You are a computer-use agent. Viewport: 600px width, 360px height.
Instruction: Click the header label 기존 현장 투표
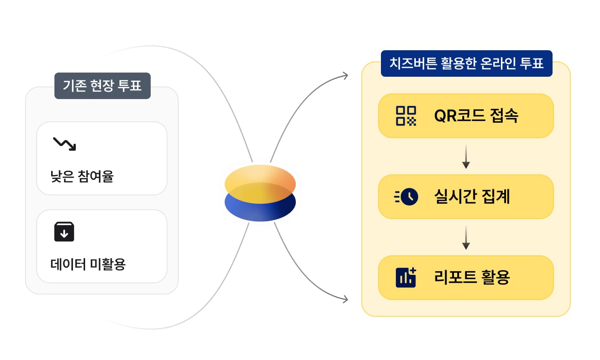(x=102, y=86)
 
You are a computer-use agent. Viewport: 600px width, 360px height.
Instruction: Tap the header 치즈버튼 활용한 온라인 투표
(x=466, y=63)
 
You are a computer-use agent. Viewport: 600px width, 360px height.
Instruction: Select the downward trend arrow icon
(x=64, y=144)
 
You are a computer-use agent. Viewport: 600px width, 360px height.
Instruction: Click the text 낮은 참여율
(x=82, y=177)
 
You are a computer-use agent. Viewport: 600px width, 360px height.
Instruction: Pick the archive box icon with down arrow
(x=64, y=232)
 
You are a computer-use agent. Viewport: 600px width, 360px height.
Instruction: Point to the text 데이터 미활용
(x=88, y=264)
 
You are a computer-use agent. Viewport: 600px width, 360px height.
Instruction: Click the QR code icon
(x=406, y=116)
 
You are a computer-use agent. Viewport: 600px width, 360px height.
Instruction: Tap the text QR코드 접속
(x=476, y=116)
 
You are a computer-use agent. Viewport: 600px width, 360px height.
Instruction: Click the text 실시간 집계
(x=472, y=197)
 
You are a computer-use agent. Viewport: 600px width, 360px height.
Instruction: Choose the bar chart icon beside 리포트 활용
(x=406, y=277)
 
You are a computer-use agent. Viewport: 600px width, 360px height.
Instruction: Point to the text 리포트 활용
(x=472, y=278)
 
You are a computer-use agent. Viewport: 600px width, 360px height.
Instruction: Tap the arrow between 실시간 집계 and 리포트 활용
(x=466, y=238)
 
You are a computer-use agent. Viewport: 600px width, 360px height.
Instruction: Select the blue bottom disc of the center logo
(x=260, y=212)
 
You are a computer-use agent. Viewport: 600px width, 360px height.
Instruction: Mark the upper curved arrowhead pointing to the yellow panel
(x=345, y=76)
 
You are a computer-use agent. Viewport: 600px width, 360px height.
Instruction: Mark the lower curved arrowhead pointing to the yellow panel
(x=345, y=300)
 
